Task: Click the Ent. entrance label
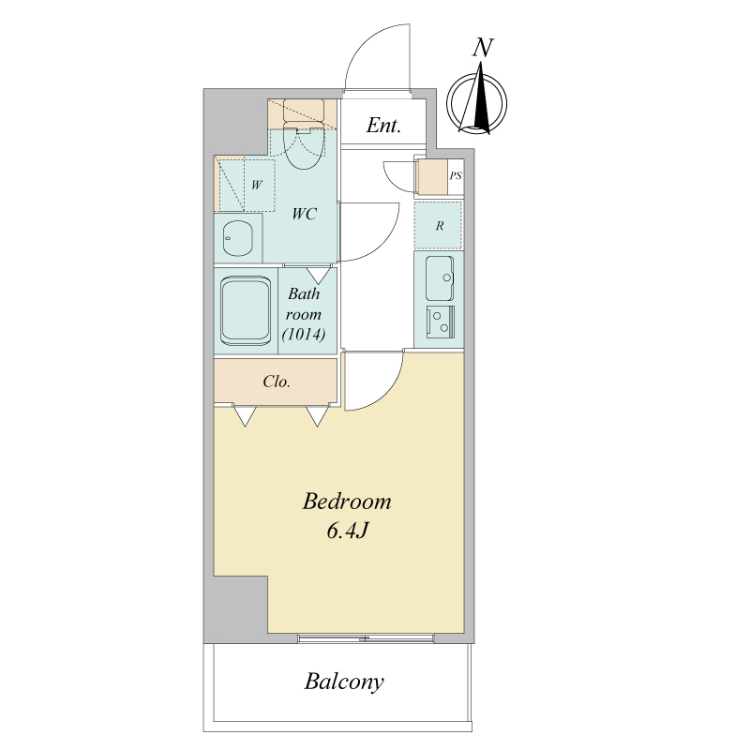(383, 126)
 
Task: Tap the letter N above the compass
(483, 48)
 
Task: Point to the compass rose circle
(477, 103)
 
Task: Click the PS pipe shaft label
(456, 175)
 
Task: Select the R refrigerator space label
(440, 226)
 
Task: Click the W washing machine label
(257, 185)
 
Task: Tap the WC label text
(304, 214)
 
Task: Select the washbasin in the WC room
(238, 238)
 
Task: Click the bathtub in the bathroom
(246, 310)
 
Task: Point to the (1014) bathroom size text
(304, 334)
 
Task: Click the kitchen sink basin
(440, 277)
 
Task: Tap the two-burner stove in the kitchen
(441, 322)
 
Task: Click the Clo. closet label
(277, 382)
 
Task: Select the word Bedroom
(347, 502)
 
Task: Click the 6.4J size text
(347, 531)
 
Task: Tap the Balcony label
(344, 682)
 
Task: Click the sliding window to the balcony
(366, 638)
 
